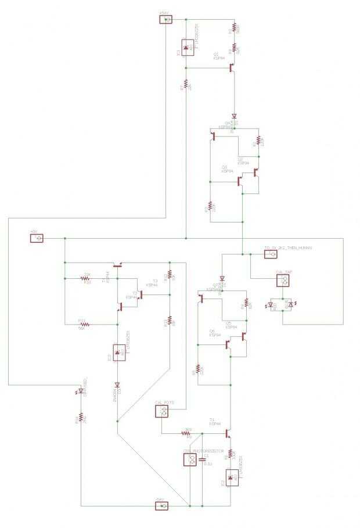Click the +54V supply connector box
[166, 19]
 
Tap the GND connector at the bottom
[162, 506]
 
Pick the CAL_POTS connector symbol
[163, 412]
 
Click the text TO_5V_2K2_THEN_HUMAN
[289, 248]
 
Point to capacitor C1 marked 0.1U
[201, 460]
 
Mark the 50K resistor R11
[81, 324]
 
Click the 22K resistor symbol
[85, 278]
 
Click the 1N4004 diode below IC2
[118, 384]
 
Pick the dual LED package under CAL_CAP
[283, 304]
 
